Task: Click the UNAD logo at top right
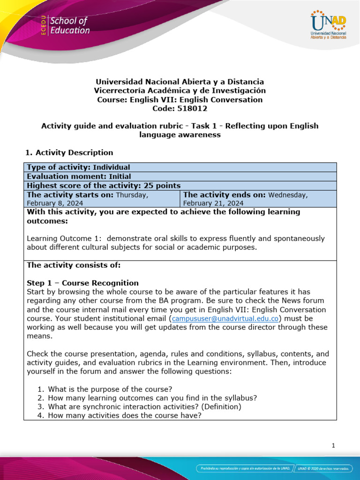(x=328, y=26)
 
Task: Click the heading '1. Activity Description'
(x=68, y=152)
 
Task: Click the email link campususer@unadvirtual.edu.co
(x=226, y=318)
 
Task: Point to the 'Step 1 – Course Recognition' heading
(x=83, y=283)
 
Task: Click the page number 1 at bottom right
(x=333, y=446)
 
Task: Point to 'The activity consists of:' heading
(x=74, y=265)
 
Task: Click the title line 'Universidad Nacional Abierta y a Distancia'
(x=180, y=82)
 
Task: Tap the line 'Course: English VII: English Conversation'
(x=180, y=99)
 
